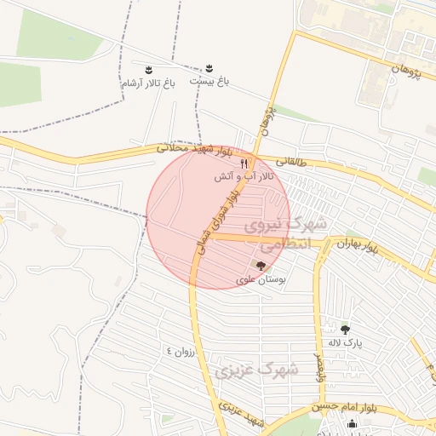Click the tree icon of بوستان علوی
[x=260, y=267]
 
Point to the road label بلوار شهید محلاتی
[x=194, y=150]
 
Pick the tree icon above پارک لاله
[x=345, y=329]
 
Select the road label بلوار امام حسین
[x=344, y=408]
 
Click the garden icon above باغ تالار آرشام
[x=148, y=68]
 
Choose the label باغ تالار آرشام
[x=148, y=83]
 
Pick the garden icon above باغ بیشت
[x=209, y=67]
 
